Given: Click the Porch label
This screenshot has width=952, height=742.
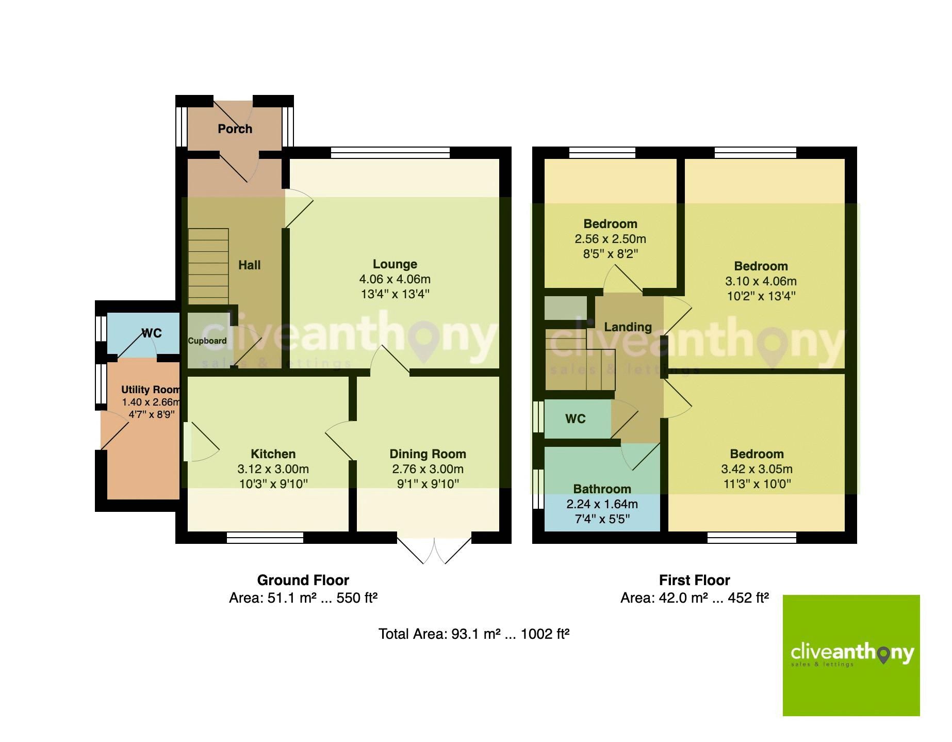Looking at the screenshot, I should [x=235, y=128].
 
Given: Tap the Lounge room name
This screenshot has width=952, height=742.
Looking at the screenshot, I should [x=395, y=264].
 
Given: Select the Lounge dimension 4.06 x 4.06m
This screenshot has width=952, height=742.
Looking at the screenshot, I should [x=395, y=279].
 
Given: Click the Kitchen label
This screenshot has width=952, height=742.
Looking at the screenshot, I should [x=273, y=454].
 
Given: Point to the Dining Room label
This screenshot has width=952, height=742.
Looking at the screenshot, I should [x=428, y=454].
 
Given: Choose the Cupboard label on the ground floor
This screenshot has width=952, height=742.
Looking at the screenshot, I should [x=207, y=341].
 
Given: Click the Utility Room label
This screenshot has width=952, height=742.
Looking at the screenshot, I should [x=150, y=390].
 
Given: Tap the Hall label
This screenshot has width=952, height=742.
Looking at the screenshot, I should [x=249, y=265].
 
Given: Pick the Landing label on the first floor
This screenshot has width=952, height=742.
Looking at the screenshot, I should [x=628, y=327].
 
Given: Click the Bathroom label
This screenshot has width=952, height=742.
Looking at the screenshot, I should [x=602, y=489].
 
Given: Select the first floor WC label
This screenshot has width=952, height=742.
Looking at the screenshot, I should [x=575, y=419].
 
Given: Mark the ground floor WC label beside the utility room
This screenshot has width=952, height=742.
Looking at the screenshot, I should [x=152, y=333].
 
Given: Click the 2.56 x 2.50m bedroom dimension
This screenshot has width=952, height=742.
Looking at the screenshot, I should [x=610, y=239].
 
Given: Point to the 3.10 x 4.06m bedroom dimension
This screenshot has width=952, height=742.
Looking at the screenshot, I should [x=761, y=281].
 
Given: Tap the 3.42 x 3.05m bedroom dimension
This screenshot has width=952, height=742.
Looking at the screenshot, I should [x=757, y=469].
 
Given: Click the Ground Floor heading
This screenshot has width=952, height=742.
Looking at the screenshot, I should [x=303, y=580].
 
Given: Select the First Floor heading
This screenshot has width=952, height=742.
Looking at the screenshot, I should [x=694, y=580].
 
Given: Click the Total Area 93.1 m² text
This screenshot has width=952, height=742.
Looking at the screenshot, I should [x=473, y=634].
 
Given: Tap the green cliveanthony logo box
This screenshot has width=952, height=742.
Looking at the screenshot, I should [x=851, y=655].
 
